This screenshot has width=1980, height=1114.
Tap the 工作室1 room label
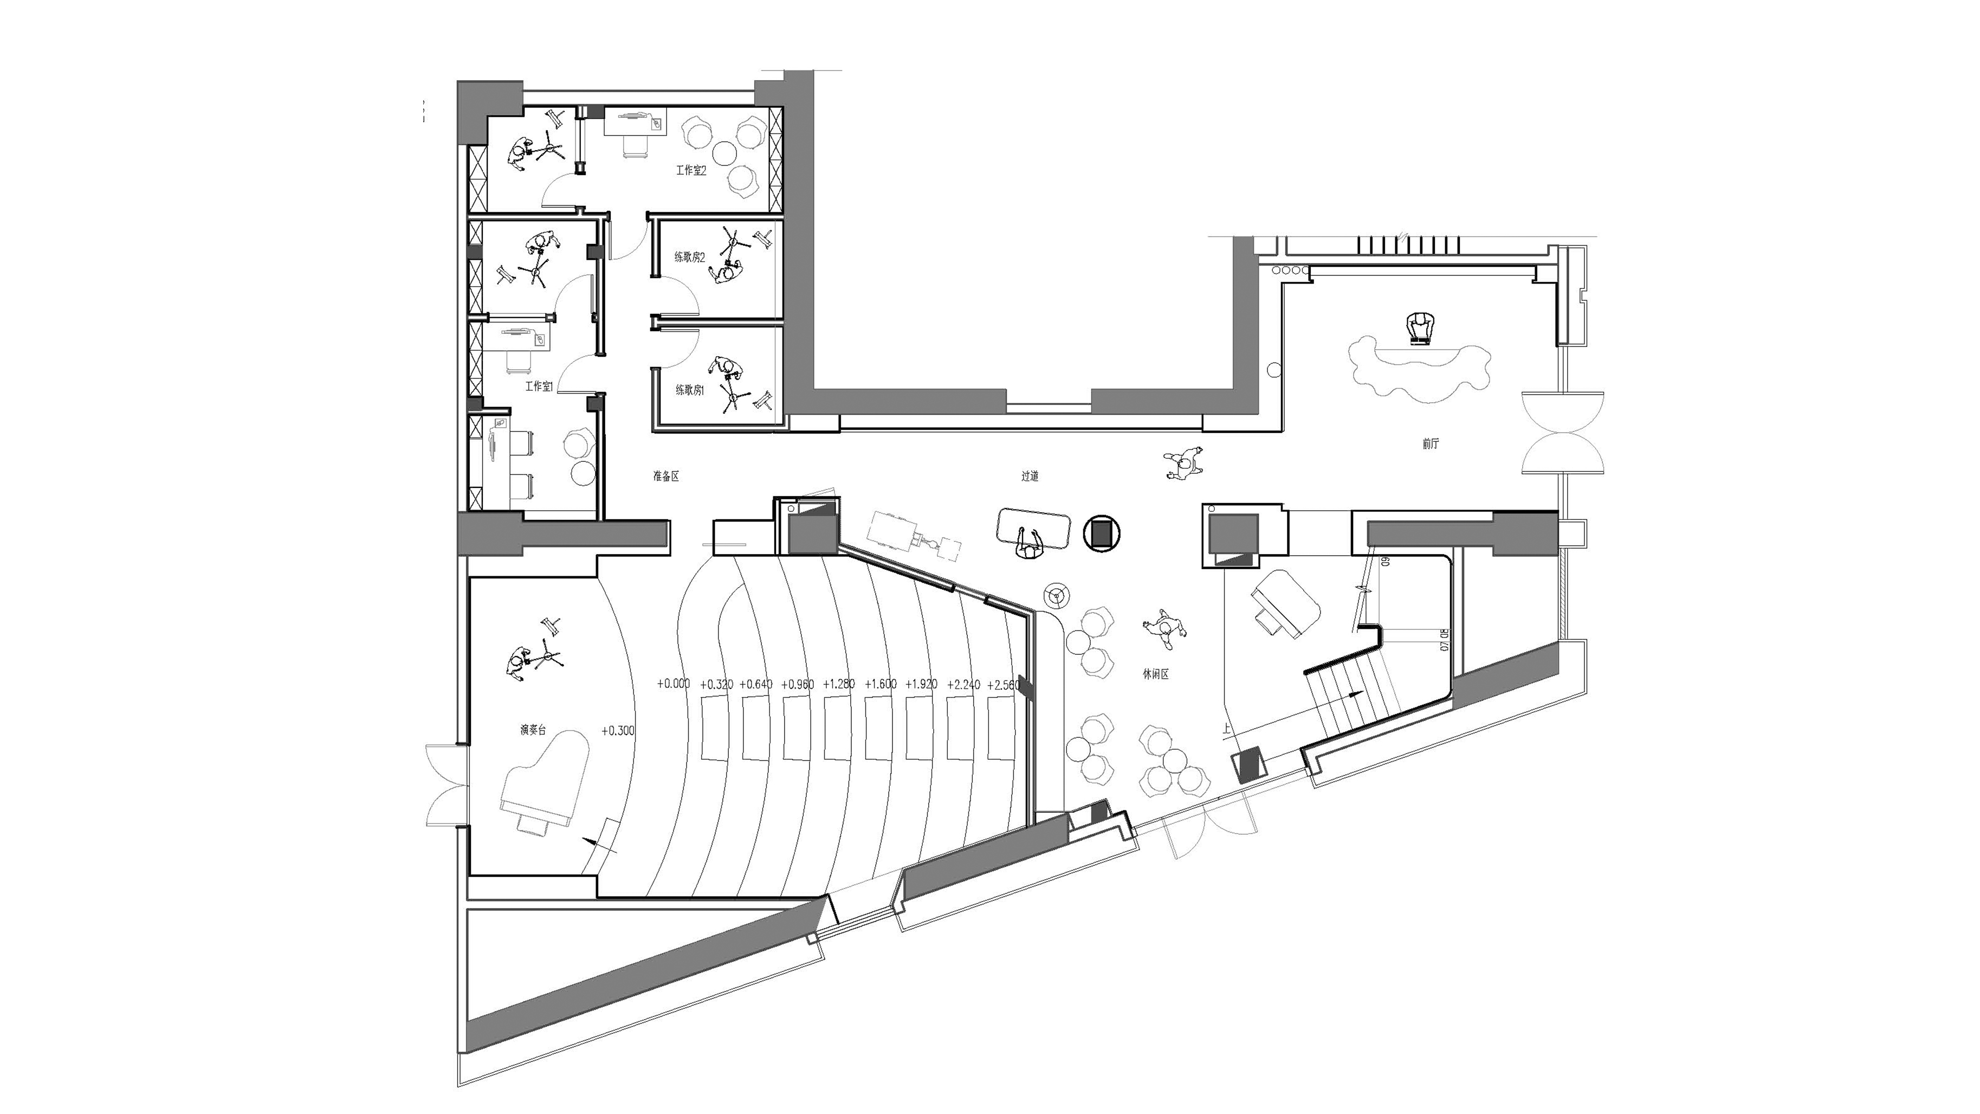pos(539,386)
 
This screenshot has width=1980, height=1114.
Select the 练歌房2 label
pos(689,257)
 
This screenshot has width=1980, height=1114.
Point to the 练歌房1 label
pos(689,390)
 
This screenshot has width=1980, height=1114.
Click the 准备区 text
pos(665,476)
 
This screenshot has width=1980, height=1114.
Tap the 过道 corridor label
pos(1030,476)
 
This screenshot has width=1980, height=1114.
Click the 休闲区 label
pos(1155,674)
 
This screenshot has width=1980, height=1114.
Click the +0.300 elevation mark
pos(618,730)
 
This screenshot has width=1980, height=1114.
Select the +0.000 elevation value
pos(674,684)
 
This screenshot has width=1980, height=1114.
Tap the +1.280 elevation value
pos(839,684)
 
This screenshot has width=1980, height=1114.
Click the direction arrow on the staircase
pos(1354,693)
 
